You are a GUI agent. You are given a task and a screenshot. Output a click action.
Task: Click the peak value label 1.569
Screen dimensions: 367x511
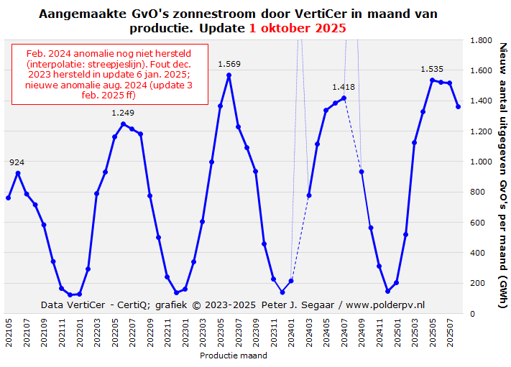coord(229,64)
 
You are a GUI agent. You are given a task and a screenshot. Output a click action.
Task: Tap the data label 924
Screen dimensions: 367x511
coord(17,162)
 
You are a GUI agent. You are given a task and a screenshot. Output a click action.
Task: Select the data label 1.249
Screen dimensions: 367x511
coord(123,113)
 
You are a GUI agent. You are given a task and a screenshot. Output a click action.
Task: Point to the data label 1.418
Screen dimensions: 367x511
coord(344,87)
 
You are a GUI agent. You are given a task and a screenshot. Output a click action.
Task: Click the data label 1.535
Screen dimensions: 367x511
coord(432,69)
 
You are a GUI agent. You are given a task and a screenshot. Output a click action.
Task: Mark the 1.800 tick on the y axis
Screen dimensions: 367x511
coord(481,41)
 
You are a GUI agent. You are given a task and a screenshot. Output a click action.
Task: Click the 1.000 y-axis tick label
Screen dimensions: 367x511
coord(481,162)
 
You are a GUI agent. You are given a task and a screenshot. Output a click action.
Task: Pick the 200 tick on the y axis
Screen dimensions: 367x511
coord(477,284)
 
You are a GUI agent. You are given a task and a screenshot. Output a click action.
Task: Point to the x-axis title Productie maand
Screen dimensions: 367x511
coord(234,356)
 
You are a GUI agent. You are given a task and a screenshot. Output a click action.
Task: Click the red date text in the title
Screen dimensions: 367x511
coord(298,28)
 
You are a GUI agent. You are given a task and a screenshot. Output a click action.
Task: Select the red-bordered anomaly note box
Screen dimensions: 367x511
coord(110,74)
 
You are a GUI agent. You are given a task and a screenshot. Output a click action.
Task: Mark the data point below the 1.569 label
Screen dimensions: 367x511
coord(229,75)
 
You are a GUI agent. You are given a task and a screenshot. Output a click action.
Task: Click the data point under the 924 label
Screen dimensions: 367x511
coord(17,173)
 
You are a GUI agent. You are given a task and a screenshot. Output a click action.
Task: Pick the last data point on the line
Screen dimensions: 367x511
coord(459,107)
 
